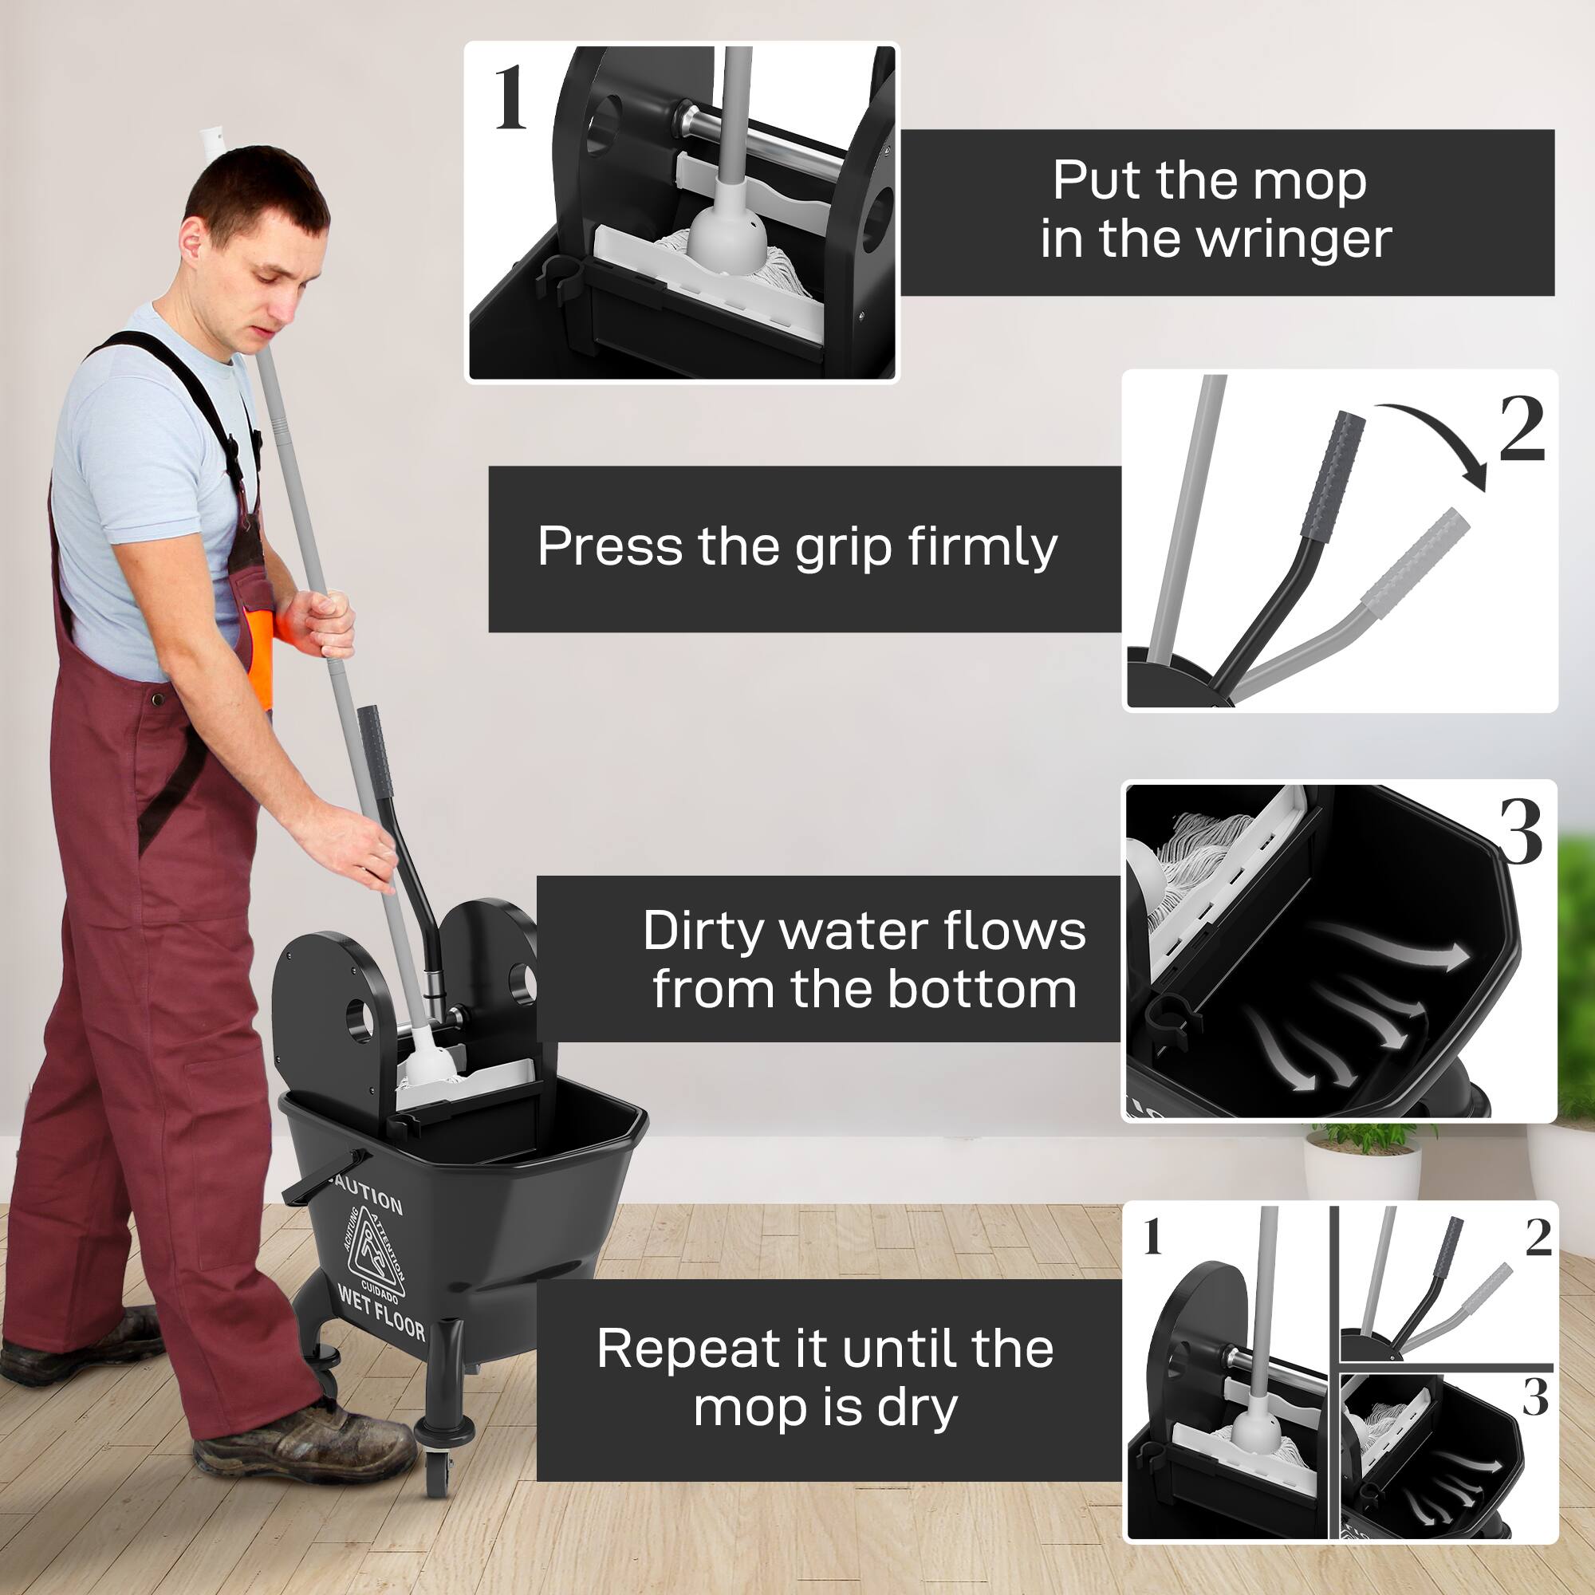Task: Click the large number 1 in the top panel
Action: (510, 99)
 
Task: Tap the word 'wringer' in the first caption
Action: (1294, 239)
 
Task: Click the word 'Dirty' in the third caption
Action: (703, 931)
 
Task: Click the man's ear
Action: (191, 243)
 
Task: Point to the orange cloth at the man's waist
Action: (261, 652)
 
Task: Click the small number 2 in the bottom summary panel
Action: (1538, 1238)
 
